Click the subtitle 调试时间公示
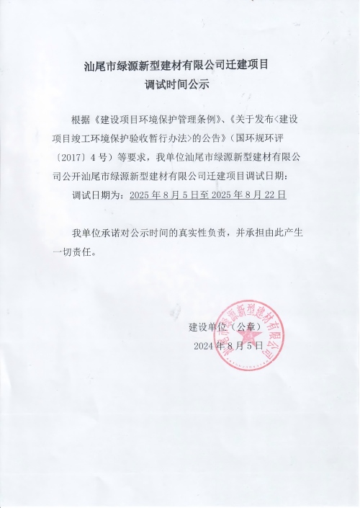pos(180,84)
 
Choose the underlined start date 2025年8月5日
pos(165,195)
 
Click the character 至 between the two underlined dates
pos(204,195)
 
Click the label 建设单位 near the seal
pos(207,326)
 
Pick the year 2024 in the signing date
pos(206,347)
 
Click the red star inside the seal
pos(248,337)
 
